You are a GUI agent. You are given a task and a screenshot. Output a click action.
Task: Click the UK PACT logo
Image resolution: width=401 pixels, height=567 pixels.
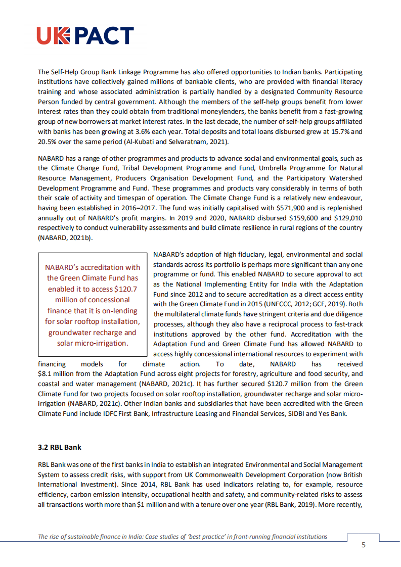pos(85,36)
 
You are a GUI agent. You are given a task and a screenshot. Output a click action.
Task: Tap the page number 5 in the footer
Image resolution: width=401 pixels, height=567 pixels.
pos(363,545)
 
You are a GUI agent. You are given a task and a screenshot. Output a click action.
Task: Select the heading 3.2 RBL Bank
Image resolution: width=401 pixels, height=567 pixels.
pos(59,447)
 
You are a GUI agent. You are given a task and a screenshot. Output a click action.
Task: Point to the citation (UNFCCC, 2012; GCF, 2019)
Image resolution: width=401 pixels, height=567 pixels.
pos(299,304)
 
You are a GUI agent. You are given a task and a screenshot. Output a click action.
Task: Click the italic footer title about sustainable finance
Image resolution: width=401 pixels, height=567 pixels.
pos(183,537)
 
